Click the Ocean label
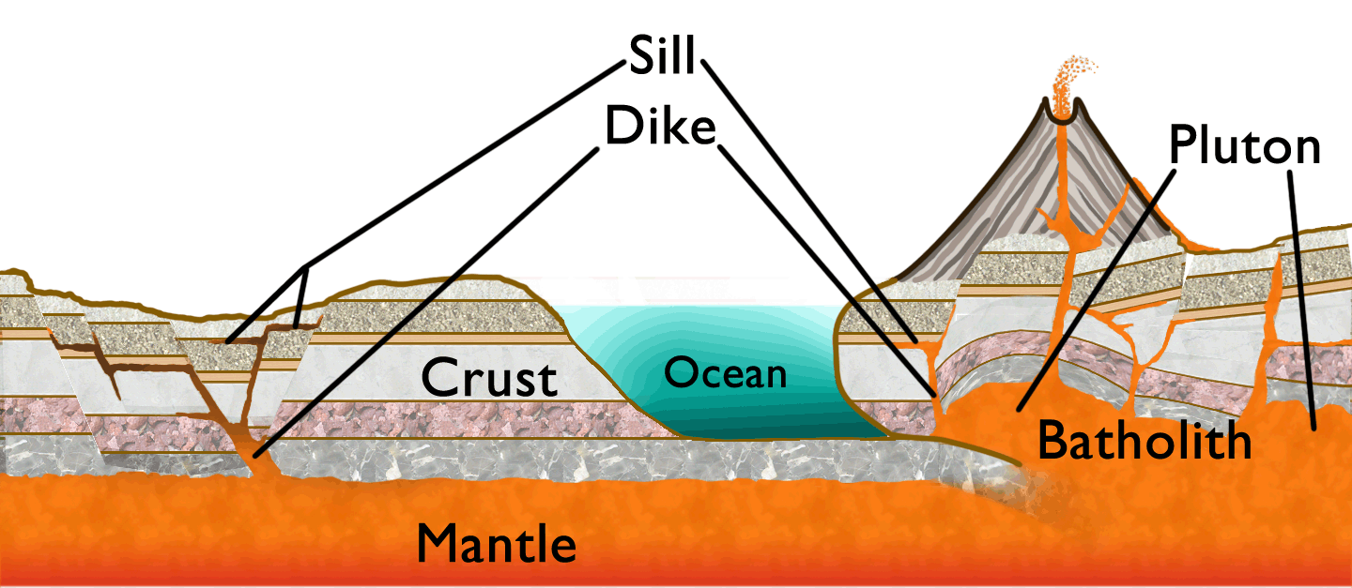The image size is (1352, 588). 725,373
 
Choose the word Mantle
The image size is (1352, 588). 496,541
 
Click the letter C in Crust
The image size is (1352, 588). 439,378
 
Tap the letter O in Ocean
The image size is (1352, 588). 679,373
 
